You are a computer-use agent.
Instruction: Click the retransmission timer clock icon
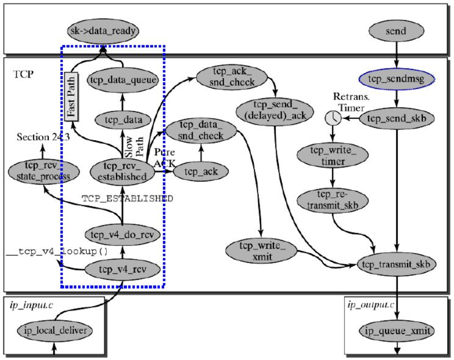pyautogui.click(x=333, y=118)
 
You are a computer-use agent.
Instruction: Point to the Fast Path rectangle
pyautogui.click(x=72, y=96)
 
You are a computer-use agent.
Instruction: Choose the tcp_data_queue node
pyautogui.click(x=122, y=80)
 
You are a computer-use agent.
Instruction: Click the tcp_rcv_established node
pyautogui.click(x=122, y=171)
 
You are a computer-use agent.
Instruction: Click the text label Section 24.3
pyautogui.click(x=43, y=137)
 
